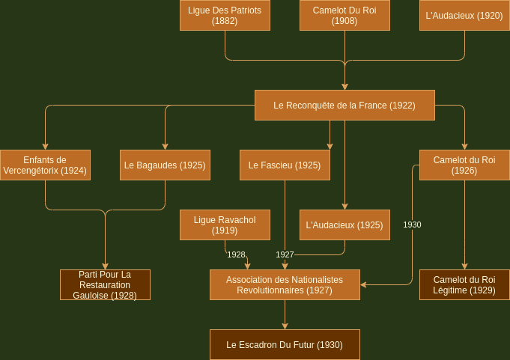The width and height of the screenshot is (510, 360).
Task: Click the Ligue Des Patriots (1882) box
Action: [225, 15]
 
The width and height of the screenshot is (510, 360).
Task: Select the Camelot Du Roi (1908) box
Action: [344, 15]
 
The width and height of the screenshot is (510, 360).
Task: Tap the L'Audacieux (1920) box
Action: [464, 15]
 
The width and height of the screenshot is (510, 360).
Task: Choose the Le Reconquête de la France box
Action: [344, 106]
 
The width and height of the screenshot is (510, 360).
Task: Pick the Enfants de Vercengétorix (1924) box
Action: [45, 165]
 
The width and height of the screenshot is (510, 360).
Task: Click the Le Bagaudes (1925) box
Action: [165, 165]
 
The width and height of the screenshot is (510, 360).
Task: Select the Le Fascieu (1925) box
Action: [285, 165]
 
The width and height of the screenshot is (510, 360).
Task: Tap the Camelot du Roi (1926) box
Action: [464, 165]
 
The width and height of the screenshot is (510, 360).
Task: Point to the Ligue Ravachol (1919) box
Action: [225, 225]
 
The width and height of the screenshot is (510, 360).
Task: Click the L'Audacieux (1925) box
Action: [344, 225]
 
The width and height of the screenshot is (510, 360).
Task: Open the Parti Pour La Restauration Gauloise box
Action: [105, 284]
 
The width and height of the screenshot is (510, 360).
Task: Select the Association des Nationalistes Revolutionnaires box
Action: [285, 284]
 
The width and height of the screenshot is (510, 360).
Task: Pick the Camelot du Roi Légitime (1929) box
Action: [464, 284]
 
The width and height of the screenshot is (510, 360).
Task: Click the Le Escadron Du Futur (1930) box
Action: [285, 345]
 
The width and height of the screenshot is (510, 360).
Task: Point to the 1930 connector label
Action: [412, 225]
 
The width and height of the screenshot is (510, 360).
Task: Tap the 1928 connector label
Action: [236, 254]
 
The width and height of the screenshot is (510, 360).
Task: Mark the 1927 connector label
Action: [285, 254]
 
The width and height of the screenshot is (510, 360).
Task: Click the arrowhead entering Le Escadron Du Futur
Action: [285, 326]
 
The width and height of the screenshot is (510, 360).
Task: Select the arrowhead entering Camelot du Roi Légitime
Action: [464, 266]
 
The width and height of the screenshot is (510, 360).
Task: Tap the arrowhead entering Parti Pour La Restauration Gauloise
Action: [105, 266]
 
